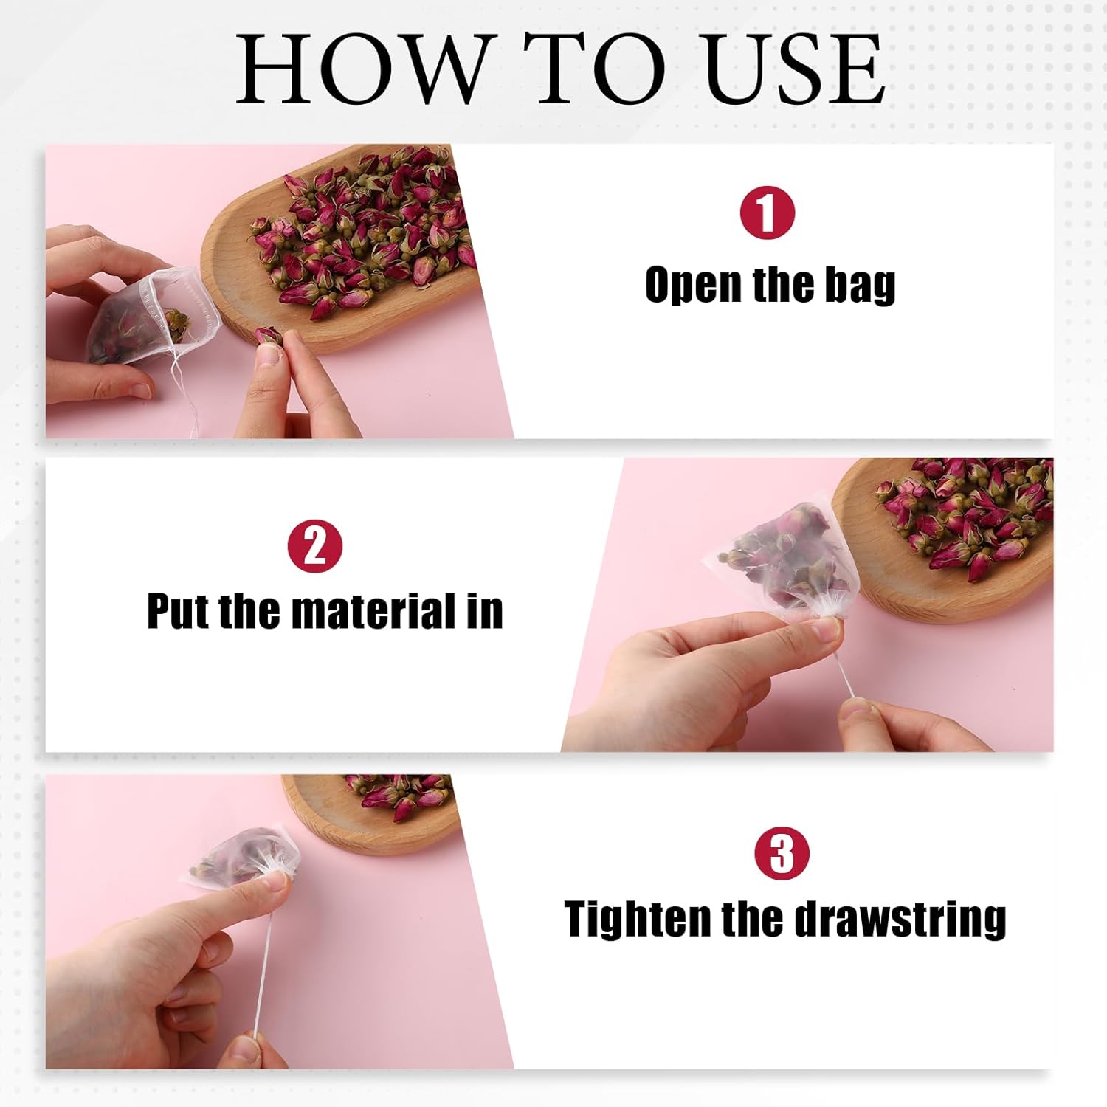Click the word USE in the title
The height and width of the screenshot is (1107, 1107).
(795, 68)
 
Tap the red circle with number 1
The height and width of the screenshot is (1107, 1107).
(767, 213)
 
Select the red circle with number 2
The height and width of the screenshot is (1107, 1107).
(315, 546)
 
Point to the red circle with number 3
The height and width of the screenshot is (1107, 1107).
(782, 853)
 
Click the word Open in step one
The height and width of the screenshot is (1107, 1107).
(692, 286)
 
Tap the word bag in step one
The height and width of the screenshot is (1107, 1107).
(860, 286)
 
